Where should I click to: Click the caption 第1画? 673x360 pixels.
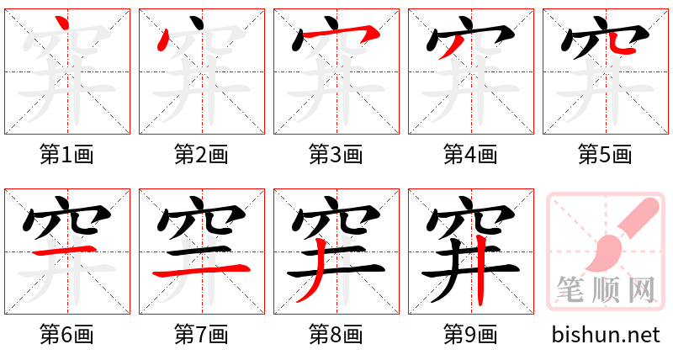[x=67, y=155]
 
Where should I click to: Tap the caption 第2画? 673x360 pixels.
[x=202, y=155]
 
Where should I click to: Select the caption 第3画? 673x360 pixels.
[x=336, y=155]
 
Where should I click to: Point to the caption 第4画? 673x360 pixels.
[x=471, y=155]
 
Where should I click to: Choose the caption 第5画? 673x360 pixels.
[x=606, y=155]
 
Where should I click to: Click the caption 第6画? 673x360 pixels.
[x=67, y=335]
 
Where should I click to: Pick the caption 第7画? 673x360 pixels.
[x=202, y=335]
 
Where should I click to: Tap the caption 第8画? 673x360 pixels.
[x=336, y=335]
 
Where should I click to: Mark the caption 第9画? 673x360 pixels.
[x=471, y=335]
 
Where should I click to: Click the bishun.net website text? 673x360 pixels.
[x=606, y=335]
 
